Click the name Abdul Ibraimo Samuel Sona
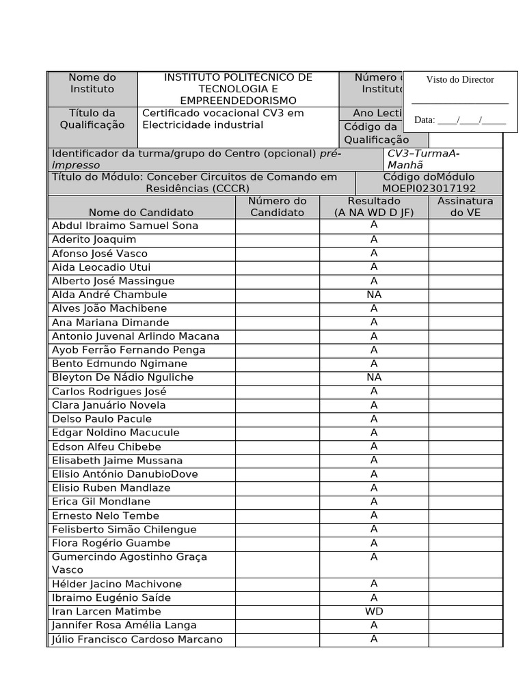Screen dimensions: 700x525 pyautogui.click(x=125, y=226)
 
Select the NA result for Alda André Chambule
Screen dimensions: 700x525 pyautogui.click(x=374, y=295)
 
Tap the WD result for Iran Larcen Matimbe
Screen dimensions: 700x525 pyautogui.click(x=374, y=612)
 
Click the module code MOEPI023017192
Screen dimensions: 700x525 pyautogui.click(x=429, y=188)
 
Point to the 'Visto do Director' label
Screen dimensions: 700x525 pyautogui.click(x=460, y=79)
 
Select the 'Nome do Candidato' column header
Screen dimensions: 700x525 pyautogui.click(x=141, y=213)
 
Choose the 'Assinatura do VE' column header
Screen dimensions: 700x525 pyautogui.click(x=465, y=206)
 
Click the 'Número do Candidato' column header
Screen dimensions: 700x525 pyautogui.click(x=277, y=206)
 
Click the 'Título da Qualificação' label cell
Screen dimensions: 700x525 pyautogui.click(x=92, y=119)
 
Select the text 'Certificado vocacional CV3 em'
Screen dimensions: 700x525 pyautogui.click(x=223, y=113)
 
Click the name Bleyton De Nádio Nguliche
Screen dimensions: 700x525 pyautogui.click(x=123, y=377)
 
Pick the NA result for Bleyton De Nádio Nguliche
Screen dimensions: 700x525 pyautogui.click(x=374, y=377)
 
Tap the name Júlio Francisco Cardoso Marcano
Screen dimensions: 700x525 pyautogui.click(x=137, y=640)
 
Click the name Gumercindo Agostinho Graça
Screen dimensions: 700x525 pyautogui.click(x=129, y=557)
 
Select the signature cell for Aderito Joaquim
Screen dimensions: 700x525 pyautogui.click(x=465, y=240)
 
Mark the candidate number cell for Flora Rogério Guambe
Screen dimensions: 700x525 pyautogui.click(x=277, y=543)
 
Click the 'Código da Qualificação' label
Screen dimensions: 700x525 pyautogui.click(x=376, y=133)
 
